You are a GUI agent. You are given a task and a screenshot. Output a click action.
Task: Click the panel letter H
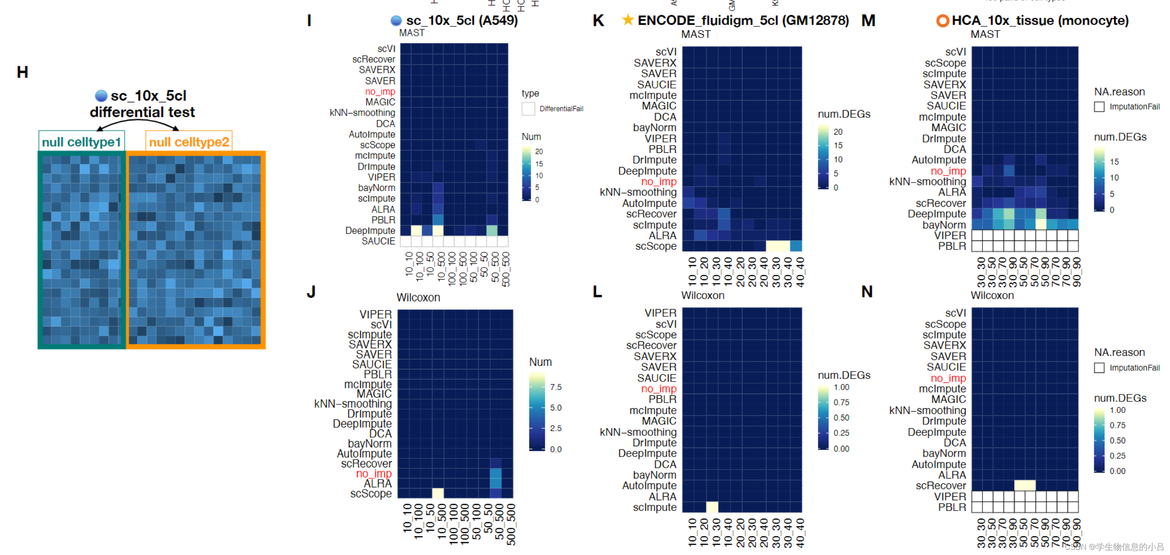coord(22,72)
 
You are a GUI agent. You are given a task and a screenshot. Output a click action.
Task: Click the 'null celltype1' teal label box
coord(81,142)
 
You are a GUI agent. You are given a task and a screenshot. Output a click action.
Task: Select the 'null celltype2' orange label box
coord(188,142)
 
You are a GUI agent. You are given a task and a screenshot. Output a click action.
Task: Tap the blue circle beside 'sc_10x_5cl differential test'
coord(101,96)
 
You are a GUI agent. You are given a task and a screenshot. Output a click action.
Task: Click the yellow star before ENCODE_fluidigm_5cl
coord(628,20)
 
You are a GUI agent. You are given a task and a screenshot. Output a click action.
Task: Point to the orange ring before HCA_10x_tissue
coord(942,20)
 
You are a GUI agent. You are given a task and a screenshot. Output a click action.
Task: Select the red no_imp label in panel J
coord(373,473)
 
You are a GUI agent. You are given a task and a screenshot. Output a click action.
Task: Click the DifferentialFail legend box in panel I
coord(528,109)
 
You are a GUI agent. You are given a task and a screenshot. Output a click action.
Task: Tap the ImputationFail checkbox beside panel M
coord(1099,107)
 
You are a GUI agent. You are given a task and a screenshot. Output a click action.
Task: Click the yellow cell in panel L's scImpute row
coord(712,507)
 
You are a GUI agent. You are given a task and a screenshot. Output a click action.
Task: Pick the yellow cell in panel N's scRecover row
coord(1025,486)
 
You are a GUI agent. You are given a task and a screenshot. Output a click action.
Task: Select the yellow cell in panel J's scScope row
coord(438,493)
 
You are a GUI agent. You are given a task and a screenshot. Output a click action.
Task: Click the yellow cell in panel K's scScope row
coord(778,246)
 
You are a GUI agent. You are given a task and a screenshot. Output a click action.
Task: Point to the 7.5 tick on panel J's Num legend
coord(556,387)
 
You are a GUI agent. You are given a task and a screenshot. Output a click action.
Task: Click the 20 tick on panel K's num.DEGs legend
coord(838,132)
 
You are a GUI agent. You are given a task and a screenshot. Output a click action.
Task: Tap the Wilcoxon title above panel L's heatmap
coord(702,296)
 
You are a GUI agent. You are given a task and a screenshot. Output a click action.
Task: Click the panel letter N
coord(867,292)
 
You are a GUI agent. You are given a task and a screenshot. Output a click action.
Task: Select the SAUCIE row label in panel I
coord(378,241)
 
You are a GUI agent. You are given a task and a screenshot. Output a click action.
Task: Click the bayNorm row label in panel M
coord(944,225)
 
